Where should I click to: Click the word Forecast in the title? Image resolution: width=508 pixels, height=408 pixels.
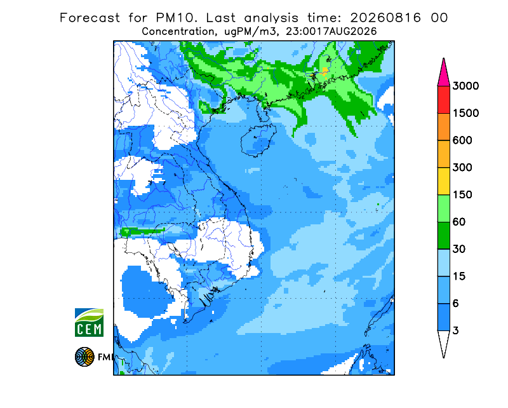pos(90,18)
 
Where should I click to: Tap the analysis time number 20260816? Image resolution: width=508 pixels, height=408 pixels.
pos(385,18)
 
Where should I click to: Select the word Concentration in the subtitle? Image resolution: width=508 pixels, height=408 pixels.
pos(178,32)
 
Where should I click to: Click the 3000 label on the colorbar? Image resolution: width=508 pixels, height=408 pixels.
pos(465,86)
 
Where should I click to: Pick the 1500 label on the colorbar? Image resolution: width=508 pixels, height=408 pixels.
pos(465,113)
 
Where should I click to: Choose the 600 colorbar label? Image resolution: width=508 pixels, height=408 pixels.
pos(462,140)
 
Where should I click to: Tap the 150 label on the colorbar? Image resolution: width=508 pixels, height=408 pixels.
pos(462,194)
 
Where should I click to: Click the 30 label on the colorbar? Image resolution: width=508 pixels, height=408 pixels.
pos(459,249)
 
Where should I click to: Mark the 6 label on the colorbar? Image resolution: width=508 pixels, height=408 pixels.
pos(456,304)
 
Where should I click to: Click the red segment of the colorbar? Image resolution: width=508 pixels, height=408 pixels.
pos(443,100)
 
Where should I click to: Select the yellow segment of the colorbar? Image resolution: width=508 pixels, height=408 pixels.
pos(443,181)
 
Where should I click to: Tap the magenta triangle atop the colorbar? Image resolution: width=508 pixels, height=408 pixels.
pos(443,74)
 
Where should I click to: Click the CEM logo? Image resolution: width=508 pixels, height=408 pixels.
pos(89,322)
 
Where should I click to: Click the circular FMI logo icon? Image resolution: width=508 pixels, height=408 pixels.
pos(84,357)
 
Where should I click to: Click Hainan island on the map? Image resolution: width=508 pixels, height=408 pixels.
pos(258,140)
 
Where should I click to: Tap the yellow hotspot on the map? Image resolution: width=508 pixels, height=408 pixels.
pos(324,72)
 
